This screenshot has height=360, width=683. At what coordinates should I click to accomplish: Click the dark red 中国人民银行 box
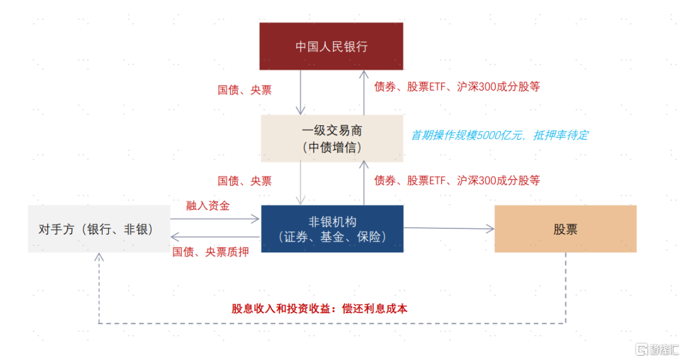331,46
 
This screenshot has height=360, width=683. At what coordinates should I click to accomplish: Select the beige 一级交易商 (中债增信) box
331,139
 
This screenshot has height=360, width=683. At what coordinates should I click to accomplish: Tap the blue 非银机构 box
331,229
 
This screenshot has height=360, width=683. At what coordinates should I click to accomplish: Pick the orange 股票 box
565,229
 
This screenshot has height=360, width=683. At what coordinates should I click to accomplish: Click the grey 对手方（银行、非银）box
99,229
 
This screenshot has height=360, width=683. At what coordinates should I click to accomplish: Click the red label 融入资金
207,206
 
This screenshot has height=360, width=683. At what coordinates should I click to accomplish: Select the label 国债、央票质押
211,252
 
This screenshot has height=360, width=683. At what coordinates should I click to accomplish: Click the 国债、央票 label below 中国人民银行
245,90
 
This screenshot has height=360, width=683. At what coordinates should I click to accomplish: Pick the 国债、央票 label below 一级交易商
245,181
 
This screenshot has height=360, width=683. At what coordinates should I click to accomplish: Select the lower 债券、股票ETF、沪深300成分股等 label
457,180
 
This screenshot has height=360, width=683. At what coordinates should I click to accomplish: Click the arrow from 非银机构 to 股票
449,228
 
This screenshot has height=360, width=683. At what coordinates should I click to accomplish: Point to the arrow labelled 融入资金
215,219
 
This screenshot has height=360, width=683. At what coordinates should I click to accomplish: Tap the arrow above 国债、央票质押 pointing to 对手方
215,237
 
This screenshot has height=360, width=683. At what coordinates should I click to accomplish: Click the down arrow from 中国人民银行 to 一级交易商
302,92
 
